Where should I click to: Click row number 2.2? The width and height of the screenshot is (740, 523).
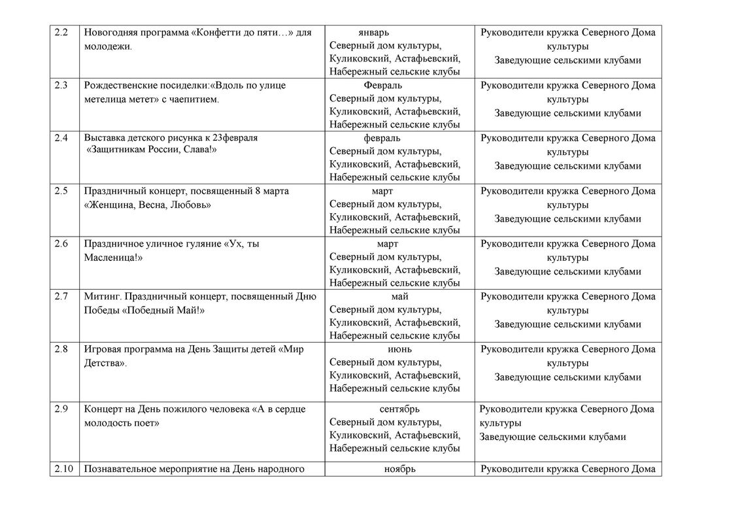pos(61,33)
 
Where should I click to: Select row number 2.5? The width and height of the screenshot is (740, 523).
pos(61,191)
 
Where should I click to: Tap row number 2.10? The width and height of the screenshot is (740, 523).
pos(63,469)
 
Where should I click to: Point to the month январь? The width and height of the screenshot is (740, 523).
pos(373,33)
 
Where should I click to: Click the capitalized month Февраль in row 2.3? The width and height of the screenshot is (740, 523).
pos(382,85)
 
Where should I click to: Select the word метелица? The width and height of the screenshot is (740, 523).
pos(107,99)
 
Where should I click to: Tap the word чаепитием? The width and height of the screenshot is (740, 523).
pos(194,99)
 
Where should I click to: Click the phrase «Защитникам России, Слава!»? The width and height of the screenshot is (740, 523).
pos(152,150)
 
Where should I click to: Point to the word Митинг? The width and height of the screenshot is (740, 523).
pos(101,296)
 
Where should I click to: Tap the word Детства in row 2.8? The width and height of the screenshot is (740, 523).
pos(104,363)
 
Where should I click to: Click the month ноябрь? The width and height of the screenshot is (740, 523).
pos(399,469)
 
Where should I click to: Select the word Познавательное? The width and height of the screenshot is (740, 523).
pos(122,469)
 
